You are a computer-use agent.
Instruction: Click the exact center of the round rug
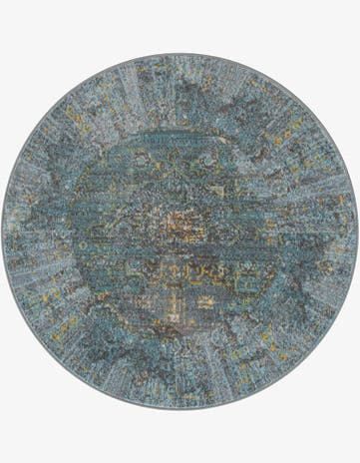click(x=180, y=231)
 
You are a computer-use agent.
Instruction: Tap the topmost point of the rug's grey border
click(x=180, y=54)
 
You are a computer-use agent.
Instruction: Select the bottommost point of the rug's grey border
click(x=180, y=408)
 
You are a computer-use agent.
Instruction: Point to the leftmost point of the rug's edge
click(x=3, y=231)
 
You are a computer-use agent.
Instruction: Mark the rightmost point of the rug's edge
click(x=357, y=231)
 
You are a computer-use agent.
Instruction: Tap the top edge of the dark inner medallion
click(x=180, y=135)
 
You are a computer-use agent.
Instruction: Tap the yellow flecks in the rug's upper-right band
click(x=289, y=130)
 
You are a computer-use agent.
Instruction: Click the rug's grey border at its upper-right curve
click(x=304, y=107)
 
